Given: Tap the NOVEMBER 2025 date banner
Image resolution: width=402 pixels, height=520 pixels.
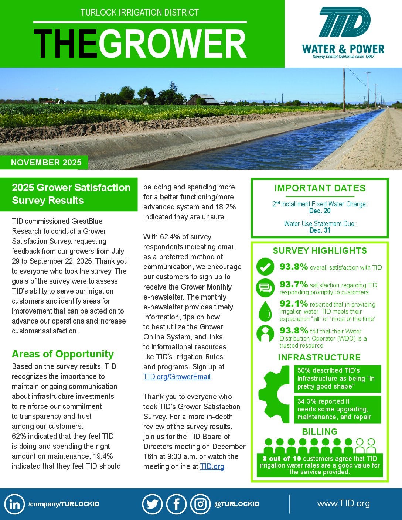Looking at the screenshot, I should point(46,162).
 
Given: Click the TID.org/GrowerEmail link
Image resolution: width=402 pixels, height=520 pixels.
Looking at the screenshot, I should point(177,377).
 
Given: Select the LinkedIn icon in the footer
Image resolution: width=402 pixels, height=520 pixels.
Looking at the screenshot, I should point(15,504).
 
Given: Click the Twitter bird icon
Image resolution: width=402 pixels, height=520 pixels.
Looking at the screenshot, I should point(152,504).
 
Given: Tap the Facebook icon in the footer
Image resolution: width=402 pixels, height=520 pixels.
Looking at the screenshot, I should point(176,504).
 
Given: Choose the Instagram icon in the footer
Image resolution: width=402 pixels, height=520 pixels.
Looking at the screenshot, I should point(201,504).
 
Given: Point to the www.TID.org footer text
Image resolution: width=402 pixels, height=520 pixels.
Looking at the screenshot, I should point(343,503).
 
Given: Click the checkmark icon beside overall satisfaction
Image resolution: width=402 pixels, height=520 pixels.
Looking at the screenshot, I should point(265,267).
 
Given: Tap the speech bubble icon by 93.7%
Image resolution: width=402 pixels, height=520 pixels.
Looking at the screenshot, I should point(265,288).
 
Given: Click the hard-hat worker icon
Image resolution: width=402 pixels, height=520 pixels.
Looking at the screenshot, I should point(265,334).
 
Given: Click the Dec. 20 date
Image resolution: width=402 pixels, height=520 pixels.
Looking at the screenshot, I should point(320,211).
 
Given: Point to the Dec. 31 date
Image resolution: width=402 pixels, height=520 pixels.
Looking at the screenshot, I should point(320,230).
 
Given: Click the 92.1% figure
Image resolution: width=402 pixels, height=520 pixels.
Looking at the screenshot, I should point(294,304).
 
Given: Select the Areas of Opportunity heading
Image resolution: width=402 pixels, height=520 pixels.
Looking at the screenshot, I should point(63,354).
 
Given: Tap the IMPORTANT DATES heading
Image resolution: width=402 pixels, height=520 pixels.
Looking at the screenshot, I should point(320,188).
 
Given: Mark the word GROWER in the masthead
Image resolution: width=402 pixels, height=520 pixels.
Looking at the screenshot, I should point(172,44).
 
